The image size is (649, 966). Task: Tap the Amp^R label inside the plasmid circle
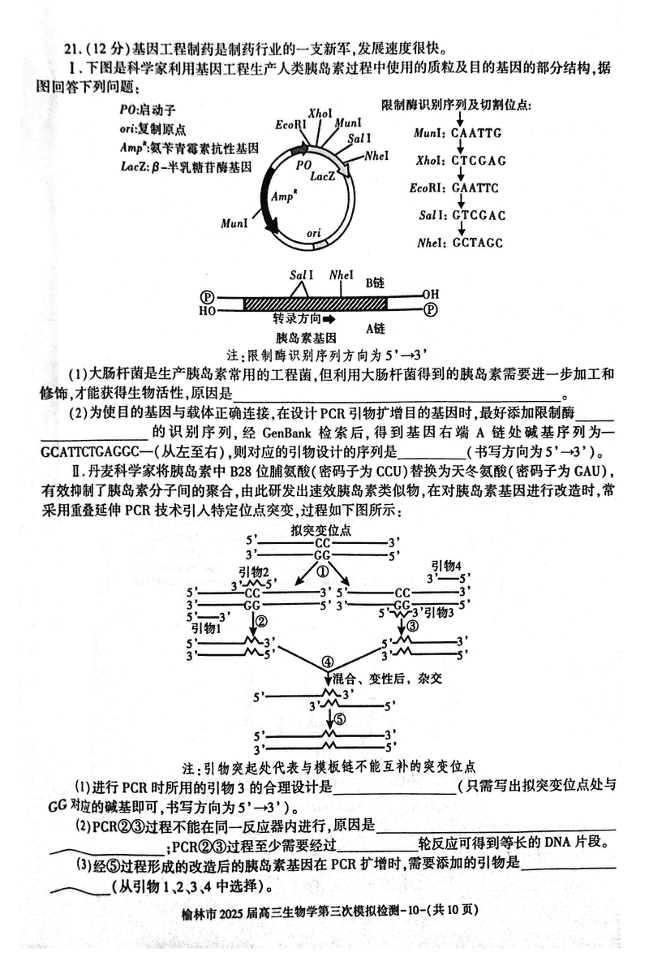(x=282, y=196)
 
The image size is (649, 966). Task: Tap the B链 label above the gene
(x=375, y=283)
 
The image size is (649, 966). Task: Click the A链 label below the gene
(x=375, y=328)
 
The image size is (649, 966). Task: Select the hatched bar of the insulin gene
(x=314, y=302)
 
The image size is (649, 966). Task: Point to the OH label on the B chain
(x=430, y=294)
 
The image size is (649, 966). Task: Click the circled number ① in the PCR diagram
(x=322, y=571)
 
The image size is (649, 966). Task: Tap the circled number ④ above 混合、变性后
(x=327, y=662)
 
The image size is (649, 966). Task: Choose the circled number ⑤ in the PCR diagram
(x=340, y=718)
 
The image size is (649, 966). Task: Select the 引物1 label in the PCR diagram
(x=206, y=628)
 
